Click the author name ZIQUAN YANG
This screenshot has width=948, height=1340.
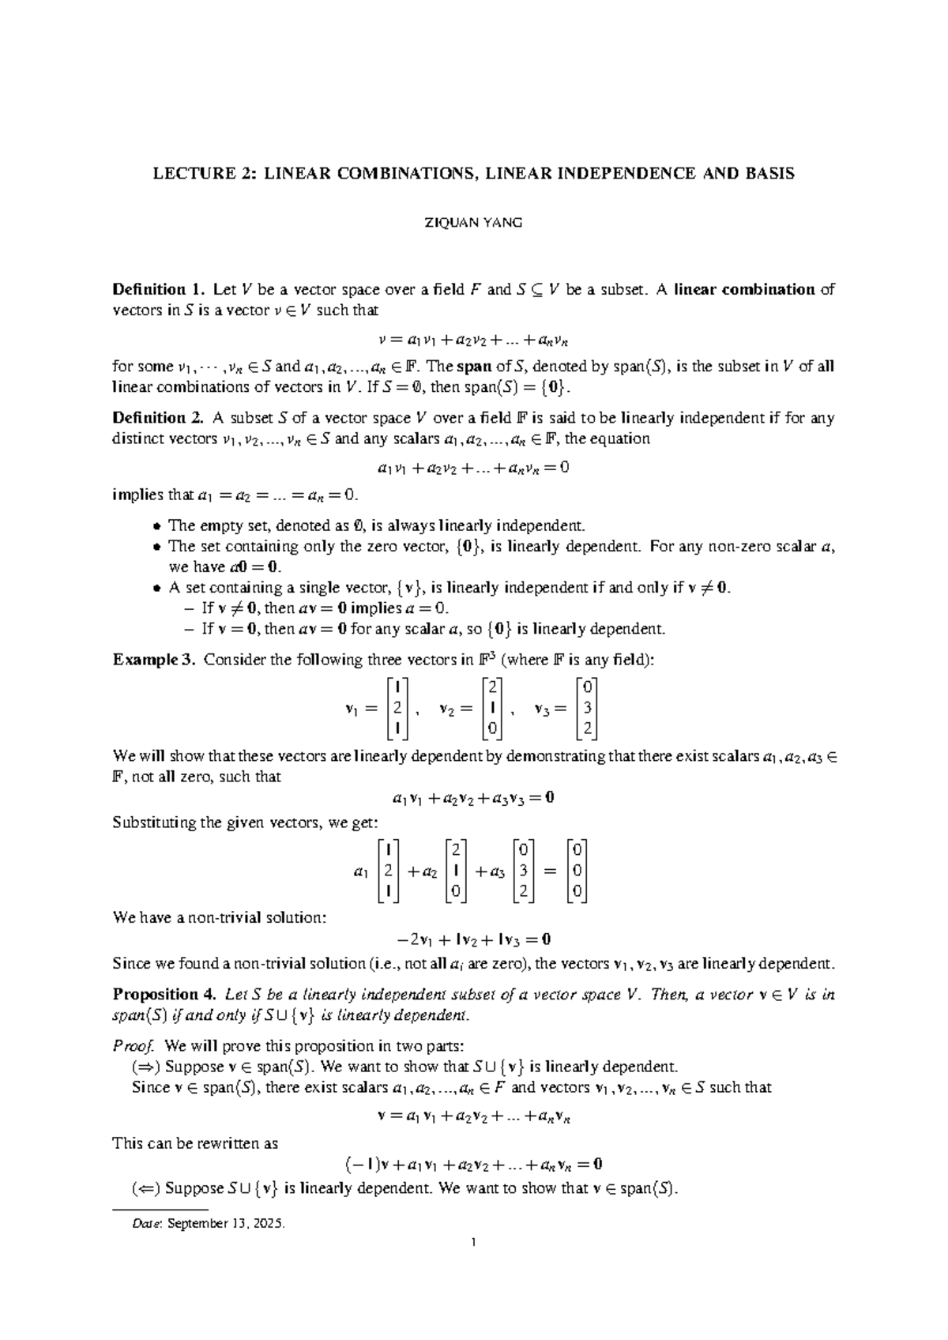click(x=474, y=223)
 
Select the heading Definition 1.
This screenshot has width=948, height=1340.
click(x=159, y=289)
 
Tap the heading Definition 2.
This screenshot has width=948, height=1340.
click(x=159, y=418)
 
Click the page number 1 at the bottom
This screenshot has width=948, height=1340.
click(x=473, y=1244)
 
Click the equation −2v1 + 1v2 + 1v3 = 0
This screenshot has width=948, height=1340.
click(x=473, y=940)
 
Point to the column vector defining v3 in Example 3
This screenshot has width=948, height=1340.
click(x=586, y=707)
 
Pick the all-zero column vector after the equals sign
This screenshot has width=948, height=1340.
click(x=577, y=871)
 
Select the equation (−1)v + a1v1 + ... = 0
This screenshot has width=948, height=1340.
click(x=473, y=1164)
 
